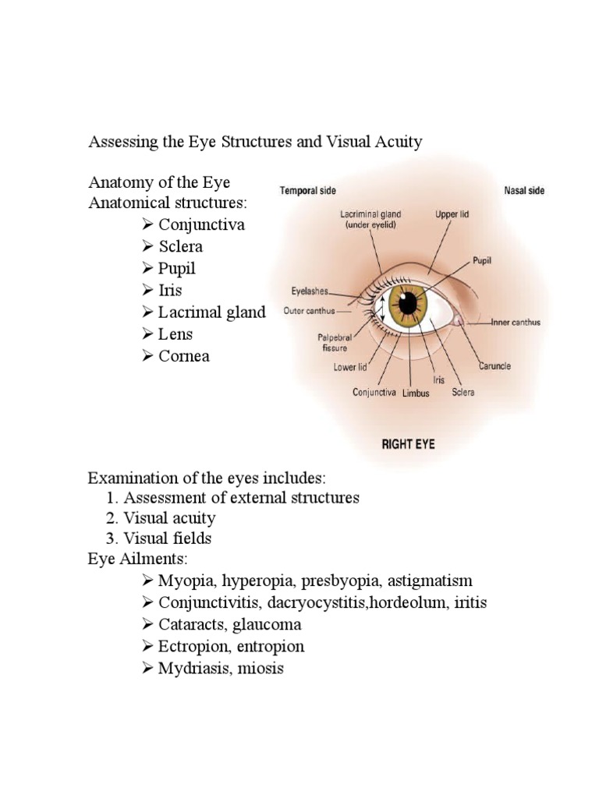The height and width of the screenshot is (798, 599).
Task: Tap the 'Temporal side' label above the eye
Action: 308,191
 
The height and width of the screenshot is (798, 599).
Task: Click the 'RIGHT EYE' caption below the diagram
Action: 408,445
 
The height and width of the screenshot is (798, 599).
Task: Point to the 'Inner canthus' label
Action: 516,322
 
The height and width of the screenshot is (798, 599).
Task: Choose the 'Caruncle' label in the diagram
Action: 494,365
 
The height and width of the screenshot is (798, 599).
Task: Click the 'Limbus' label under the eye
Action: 416,394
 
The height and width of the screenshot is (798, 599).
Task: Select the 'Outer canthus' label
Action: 309,311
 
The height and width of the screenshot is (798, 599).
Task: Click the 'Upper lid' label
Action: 452,213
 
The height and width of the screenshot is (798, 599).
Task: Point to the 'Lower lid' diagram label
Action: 350,367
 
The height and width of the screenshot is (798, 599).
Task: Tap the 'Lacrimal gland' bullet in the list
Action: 211,312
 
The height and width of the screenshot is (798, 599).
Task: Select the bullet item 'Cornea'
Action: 184,356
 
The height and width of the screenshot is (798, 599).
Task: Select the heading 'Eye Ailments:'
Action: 133,560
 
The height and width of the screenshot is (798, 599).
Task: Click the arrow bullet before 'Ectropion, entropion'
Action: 148,647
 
